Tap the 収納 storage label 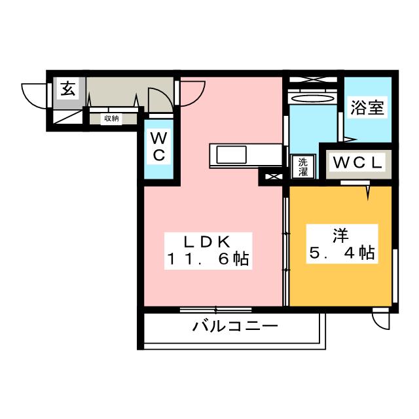tap(111, 118)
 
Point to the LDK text tap(206, 241)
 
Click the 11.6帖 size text tap(206, 259)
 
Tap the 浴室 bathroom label tap(366, 108)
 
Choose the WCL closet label tap(357, 162)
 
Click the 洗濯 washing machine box tap(303, 166)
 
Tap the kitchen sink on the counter tap(230, 156)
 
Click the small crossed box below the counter tap(270, 175)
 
